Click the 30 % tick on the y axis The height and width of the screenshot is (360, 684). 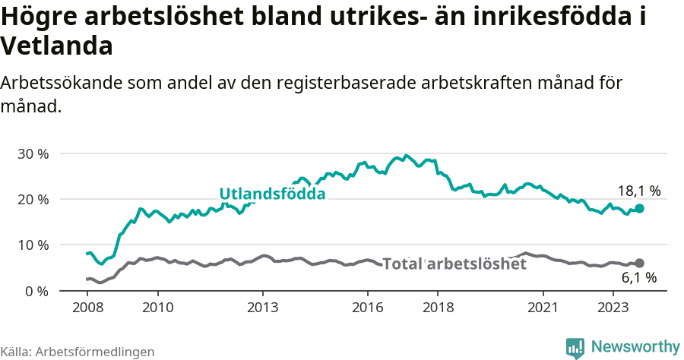coord(32,153)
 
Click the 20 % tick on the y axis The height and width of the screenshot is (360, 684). coord(32,199)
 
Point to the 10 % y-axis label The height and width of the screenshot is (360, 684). coord(32,245)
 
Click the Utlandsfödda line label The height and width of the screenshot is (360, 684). coord(272,194)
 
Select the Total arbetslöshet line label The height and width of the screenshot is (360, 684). coord(454,264)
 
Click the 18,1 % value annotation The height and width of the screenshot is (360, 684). coord(639,191)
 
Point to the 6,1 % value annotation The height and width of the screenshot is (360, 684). coord(639,278)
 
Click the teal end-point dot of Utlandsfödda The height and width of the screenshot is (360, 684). coord(640,208)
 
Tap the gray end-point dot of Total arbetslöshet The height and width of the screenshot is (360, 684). coord(640,263)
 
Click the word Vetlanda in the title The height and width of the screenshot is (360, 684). coord(57,46)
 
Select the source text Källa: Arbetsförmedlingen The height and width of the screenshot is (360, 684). coord(78,352)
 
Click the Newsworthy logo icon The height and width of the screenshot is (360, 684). coord(576,347)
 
